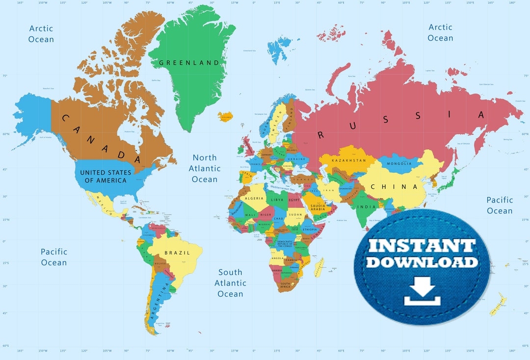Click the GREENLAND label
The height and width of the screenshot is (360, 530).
pos(189,63)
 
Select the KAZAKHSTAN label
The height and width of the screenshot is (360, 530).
pos(349,160)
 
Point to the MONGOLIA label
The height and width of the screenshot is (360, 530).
pos(399,163)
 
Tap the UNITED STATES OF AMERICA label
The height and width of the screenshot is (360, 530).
pos(106,176)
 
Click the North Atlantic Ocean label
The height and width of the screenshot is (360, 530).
pos(205,168)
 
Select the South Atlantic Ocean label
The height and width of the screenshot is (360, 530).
pos(230,283)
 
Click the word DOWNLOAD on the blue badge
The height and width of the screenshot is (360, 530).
pos(422,262)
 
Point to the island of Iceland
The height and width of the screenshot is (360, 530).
pos(225,116)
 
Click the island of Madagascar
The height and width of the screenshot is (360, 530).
pos(319,267)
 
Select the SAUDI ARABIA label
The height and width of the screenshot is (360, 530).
pos(318,208)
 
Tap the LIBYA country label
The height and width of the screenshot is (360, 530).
pos(277,200)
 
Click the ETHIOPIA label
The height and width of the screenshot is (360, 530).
pos(310,229)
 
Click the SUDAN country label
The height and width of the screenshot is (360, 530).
pos(295,214)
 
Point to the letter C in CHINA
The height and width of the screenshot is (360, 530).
pos(373,187)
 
